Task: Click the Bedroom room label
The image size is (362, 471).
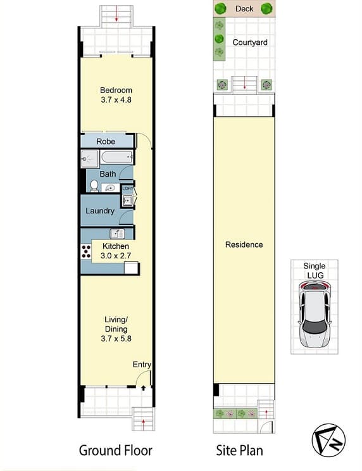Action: tap(116, 90)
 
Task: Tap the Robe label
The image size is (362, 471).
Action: tap(106, 141)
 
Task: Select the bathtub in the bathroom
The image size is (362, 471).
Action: tap(117, 157)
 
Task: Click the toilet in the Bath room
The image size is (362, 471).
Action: tap(94, 186)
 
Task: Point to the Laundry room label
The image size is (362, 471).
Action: tap(100, 211)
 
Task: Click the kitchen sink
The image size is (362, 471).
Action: tap(117, 234)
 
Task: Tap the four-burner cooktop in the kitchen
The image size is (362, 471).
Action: tap(86, 251)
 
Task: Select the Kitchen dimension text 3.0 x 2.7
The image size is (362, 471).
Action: tap(116, 256)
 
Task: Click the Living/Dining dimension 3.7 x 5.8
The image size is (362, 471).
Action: tap(116, 339)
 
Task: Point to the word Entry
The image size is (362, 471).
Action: tap(142, 365)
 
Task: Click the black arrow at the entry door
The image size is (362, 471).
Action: tap(144, 388)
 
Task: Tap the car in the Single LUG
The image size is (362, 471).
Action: tap(315, 315)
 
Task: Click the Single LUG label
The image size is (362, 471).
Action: tap(315, 270)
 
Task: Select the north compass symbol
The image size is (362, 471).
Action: tap(328, 441)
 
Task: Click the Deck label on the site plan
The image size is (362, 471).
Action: tap(244, 9)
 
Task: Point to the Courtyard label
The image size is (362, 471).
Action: tap(250, 42)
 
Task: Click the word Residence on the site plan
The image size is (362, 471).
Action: tap(244, 244)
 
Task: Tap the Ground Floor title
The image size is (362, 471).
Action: tap(116, 451)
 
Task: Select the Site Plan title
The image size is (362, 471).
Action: tap(239, 451)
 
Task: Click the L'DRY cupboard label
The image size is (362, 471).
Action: tap(128, 189)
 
